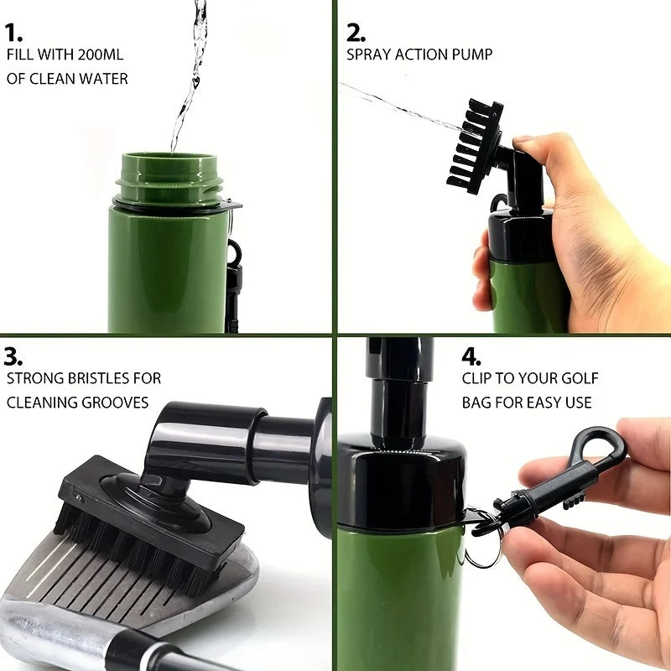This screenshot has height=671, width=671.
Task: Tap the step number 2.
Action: [x=356, y=34]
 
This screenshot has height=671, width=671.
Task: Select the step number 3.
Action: [x=13, y=356]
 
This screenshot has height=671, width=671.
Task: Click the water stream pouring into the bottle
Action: [x=190, y=75]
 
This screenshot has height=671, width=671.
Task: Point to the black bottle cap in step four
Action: [x=401, y=478]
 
